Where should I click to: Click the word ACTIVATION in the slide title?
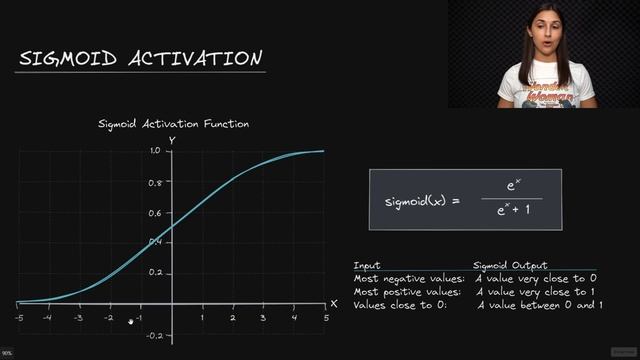point(196,59)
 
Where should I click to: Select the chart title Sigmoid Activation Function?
point(173,124)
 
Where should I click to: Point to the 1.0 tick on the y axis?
point(155,150)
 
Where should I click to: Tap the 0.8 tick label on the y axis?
point(155,183)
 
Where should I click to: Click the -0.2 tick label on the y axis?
point(153,336)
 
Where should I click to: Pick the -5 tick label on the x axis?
point(18,318)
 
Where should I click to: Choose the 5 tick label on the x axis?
point(325,318)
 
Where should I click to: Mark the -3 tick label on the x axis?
point(78,318)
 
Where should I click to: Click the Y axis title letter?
point(172,140)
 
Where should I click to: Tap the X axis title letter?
point(334,302)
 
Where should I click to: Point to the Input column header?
point(367,265)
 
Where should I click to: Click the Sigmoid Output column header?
point(511,265)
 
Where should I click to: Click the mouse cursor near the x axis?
point(131,321)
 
